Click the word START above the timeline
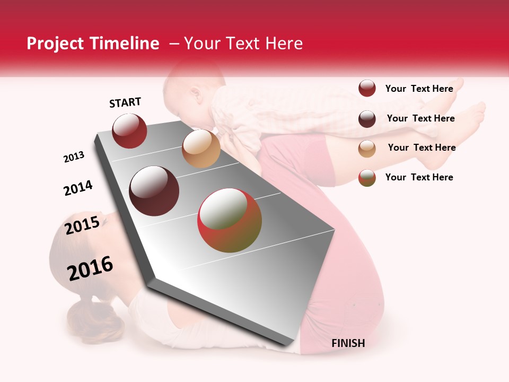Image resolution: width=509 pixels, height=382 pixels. click(125, 102)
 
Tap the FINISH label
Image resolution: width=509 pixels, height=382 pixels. click(348, 343)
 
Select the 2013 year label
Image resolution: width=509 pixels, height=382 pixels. click(74, 157)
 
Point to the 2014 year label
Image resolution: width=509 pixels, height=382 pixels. click(78, 188)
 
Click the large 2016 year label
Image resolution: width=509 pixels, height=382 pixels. click(90, 268)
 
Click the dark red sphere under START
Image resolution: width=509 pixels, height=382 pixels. click(129, 131)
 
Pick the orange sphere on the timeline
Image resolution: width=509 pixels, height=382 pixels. click(201, 148)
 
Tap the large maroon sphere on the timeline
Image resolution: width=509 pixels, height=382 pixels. click(154, 191)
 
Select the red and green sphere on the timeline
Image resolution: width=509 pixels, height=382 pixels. click(230, 221)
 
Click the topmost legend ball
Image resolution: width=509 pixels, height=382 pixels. click(367, 89)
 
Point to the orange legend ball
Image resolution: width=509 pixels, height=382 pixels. click(367, 149)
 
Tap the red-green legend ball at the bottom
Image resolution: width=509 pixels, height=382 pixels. click(367, 178)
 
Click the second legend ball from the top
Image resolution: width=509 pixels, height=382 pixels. click(367, 119)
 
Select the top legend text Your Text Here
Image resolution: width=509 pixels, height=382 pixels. click(419, 89)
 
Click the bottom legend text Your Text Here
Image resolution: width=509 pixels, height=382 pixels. click(419, 177)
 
